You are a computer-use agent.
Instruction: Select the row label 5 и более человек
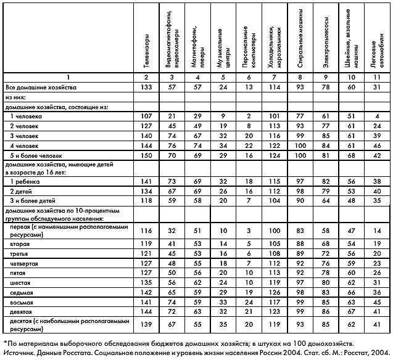[x=29, y=155]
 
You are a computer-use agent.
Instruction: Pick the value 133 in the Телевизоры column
[x=146, y=88]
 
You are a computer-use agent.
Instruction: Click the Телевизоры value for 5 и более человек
[x=146, y=155]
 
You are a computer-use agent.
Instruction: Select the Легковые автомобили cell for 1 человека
[x=376, y=115]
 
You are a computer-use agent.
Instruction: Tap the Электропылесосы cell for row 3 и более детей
[x=325, y=200]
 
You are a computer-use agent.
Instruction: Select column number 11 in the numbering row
[x=376, y=77]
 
